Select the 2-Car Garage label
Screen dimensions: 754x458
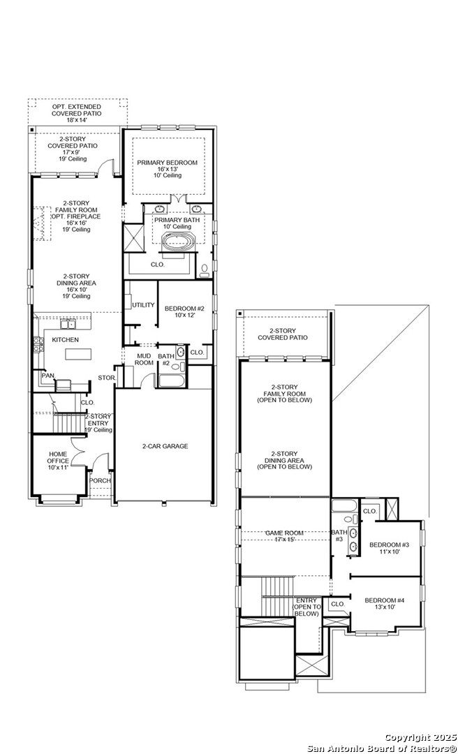[x=165, y=446]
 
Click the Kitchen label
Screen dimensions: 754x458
[x=66, y=340]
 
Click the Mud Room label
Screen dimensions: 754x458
[x=144, y=359]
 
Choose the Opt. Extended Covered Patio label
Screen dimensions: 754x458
[x=77, y=113]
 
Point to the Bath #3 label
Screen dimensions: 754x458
[x=338, y=536]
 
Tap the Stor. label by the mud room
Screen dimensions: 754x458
[x=106, y=378]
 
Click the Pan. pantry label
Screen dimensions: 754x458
[x=47, y=376]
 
